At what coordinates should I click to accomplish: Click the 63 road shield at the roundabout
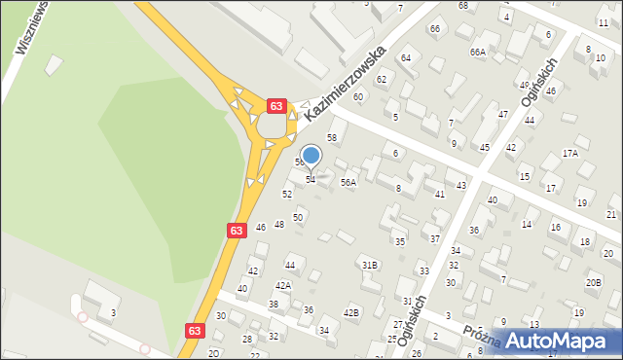277,105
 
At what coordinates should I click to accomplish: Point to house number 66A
477,52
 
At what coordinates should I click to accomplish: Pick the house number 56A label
348,182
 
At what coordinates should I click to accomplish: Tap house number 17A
570,154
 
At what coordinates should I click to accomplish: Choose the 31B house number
369,265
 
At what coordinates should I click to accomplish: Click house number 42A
282,285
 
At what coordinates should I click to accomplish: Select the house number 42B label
351,312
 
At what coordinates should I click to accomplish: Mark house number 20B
593,282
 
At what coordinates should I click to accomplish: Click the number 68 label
463,6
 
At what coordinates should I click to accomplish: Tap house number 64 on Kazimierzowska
406,58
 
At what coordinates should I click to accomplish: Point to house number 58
331,138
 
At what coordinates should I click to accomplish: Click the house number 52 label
287,195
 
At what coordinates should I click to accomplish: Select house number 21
610,214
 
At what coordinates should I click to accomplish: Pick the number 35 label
399,241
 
